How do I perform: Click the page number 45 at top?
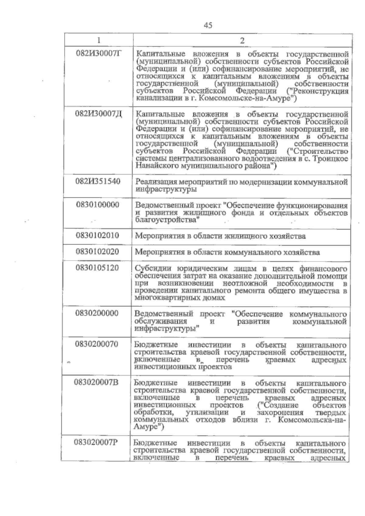tap(208, 25)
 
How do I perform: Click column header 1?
tap(98, 40)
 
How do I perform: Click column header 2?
tap(242, 41)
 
